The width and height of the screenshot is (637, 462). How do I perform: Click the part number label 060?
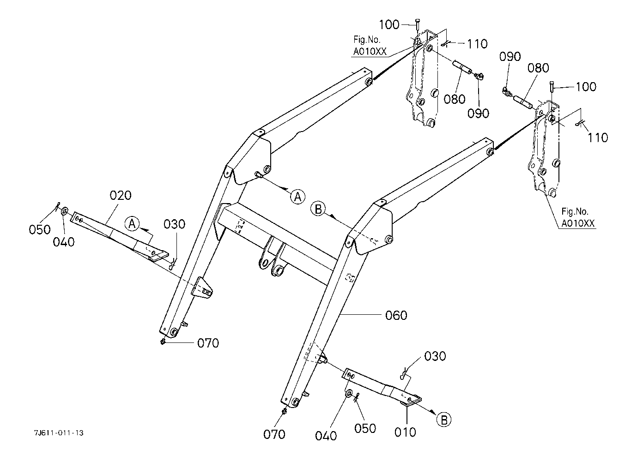click(x=396, y=315)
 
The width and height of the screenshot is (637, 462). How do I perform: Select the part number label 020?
click(x=121, y=196)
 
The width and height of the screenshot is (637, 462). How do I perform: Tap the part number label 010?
click(x=405, y=432)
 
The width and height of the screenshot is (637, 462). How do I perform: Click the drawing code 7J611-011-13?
click(x=59, y=433)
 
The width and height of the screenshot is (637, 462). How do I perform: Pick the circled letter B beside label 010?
click(x=444, y=420)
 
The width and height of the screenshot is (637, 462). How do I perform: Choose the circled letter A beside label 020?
click(x=132, y=224)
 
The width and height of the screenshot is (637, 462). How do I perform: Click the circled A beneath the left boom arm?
click(x=298, y=197)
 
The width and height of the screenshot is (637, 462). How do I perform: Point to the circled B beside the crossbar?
click(x=318, y=209)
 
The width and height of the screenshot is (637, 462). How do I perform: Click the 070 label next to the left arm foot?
click(x=208, y=343)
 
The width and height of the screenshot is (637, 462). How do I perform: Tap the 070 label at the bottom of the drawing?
click(x=274, y=434)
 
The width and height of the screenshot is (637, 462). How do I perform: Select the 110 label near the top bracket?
click(x=477, y=44)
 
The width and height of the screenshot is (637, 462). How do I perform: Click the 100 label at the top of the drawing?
click(x=389, y=25)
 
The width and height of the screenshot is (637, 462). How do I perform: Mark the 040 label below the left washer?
click(x=64, y=242)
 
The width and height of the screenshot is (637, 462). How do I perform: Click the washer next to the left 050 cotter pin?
click(x=64, y=211)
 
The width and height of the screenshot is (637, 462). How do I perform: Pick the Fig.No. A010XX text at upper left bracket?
click(x=370, y=45)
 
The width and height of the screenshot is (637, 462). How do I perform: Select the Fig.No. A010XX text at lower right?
click(x=578, y=217)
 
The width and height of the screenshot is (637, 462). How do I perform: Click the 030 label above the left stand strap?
click(x=174, y=224)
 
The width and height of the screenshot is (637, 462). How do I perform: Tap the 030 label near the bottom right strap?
click(x=435, y=356)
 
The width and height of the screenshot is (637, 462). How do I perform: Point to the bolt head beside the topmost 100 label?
click(x=417, y=22)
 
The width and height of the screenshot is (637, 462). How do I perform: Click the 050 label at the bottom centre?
click(x=365, y=428)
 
